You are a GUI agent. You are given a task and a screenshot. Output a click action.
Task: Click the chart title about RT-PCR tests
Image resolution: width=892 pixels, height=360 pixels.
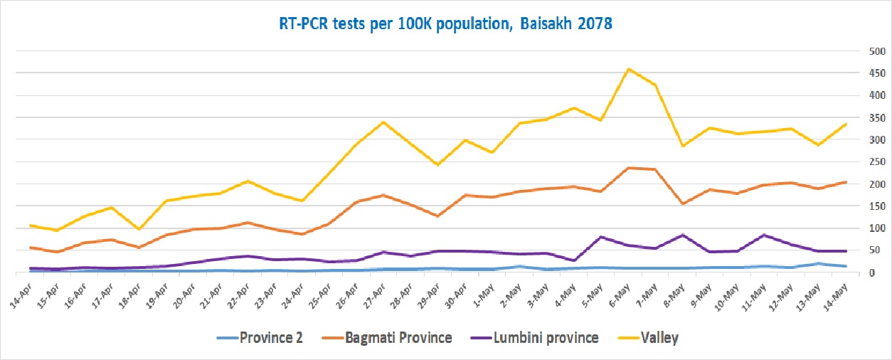[445, 23]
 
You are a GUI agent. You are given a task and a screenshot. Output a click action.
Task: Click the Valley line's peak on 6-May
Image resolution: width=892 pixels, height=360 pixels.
[629, 69]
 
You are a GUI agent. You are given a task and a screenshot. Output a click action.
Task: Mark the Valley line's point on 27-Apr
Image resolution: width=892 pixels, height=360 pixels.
[384, 122]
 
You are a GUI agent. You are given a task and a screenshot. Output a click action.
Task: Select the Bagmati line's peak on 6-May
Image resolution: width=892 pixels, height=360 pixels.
[629, 168]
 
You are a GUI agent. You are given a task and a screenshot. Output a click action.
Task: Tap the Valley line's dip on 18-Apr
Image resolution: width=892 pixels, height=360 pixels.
[139, 229]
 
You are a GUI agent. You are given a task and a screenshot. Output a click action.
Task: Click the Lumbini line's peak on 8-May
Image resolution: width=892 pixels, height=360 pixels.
[683, 235]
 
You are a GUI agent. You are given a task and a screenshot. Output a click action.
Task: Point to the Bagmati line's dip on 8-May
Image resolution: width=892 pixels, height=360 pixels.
[683, 204]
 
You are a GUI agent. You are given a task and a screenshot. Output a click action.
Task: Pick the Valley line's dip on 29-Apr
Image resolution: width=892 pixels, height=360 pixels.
[438, 165]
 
